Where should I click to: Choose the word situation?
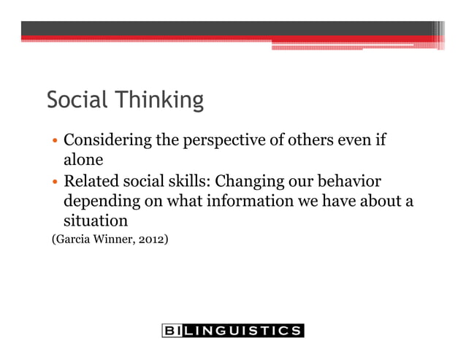96,220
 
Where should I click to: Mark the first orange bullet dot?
54,142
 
